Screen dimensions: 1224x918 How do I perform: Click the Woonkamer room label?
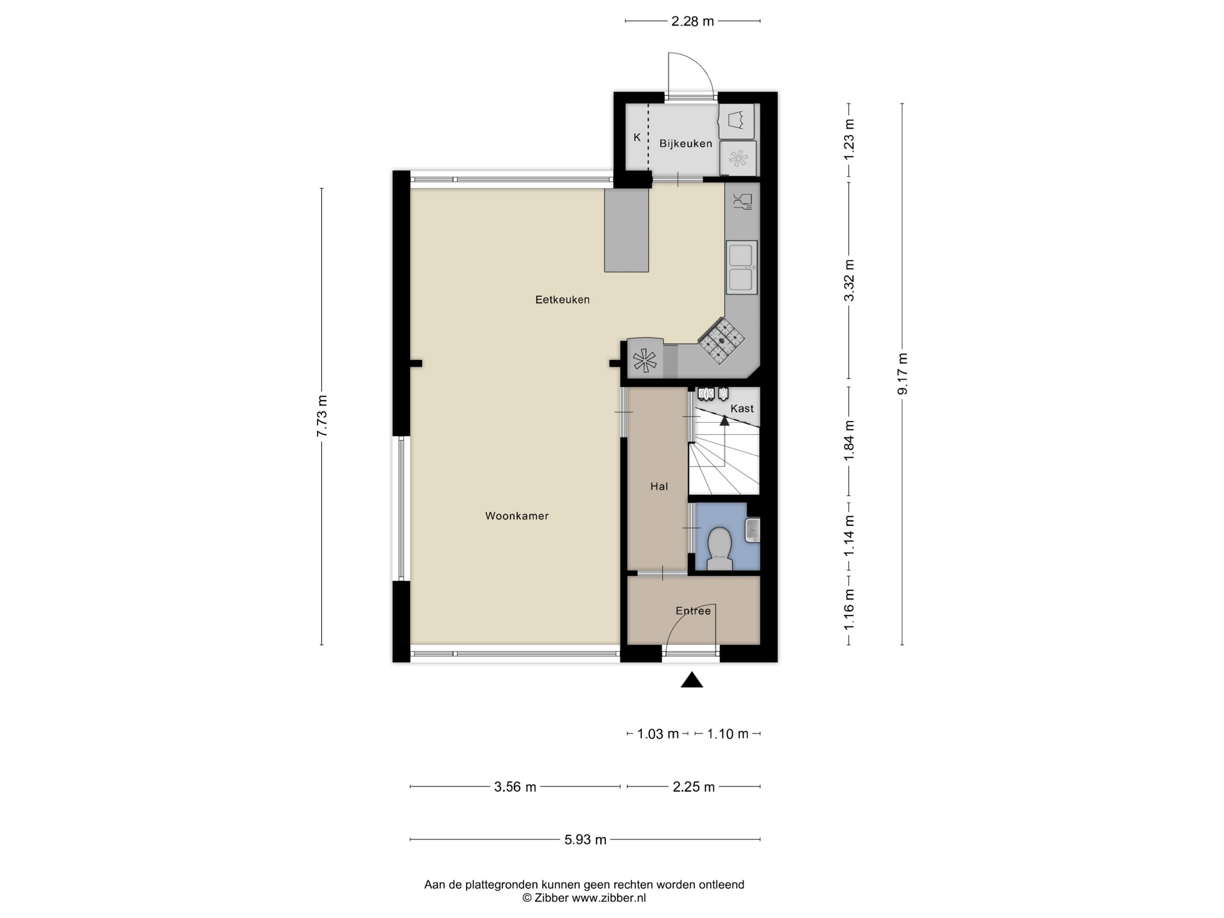pyautogui.click(x=517, y=516)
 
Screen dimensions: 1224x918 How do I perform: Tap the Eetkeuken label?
pyautogui.click(x=562, y=299)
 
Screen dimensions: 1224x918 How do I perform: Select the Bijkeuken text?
pyautogui.click(x=685, y=143)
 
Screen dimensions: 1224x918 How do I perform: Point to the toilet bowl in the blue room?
pyautogui.click(x=720, y=549)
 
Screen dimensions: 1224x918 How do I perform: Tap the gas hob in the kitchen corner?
pyautogui.click(x=721, y=340)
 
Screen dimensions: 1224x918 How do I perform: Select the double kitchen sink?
pyautogui.click(x=741, y=267)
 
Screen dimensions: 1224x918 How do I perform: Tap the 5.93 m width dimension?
pyautogui.click(x=585, y=839)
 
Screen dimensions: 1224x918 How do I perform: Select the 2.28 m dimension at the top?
pyautogui.click(x=692, y=21)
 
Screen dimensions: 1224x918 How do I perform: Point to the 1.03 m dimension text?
pyautogui.click(x=657, y=734)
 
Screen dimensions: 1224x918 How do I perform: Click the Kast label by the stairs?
pyautogui.click(x=742, y=408)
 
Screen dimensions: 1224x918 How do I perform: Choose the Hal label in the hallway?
pyautogui.click(x=659, y=487)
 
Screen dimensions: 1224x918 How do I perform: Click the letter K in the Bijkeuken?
pyautogui.click(x=637, y=137)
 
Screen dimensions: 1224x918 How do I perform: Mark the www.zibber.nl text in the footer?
pyautogui.click(x=609, y=898)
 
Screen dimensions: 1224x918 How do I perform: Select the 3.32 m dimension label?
pyautogui.click(x=849, y=280)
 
